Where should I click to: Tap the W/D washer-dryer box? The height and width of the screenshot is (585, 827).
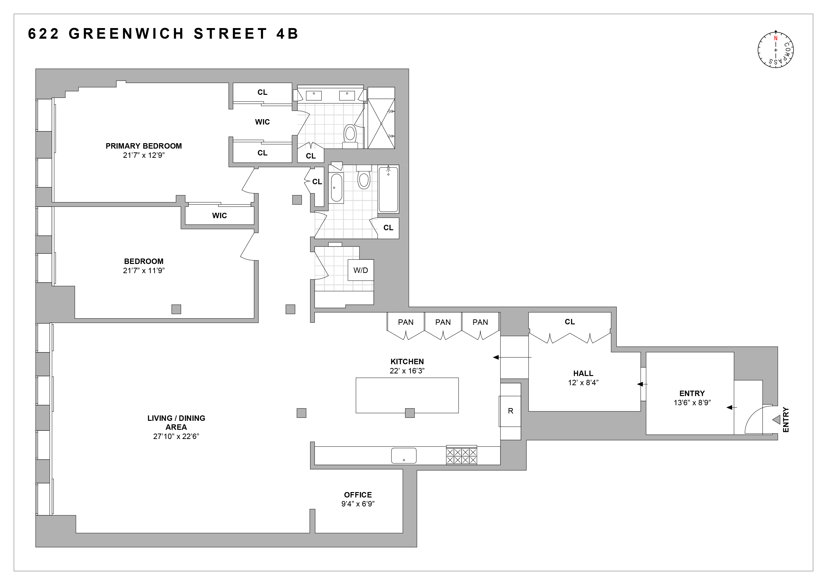361,270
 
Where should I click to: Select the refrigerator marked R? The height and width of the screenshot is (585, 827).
510,411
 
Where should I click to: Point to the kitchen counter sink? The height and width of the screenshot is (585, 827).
404,456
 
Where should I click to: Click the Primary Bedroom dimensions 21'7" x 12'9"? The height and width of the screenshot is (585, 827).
143,155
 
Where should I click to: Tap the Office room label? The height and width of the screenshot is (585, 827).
358,495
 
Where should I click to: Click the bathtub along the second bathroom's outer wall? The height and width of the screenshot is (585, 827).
388,189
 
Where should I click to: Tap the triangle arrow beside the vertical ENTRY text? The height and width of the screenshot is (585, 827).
776,420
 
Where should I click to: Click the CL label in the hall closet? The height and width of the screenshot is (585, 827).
569,322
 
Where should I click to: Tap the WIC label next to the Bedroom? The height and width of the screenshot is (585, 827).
219,215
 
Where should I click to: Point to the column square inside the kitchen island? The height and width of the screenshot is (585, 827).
410,413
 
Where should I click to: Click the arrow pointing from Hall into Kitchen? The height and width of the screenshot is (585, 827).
511,357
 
